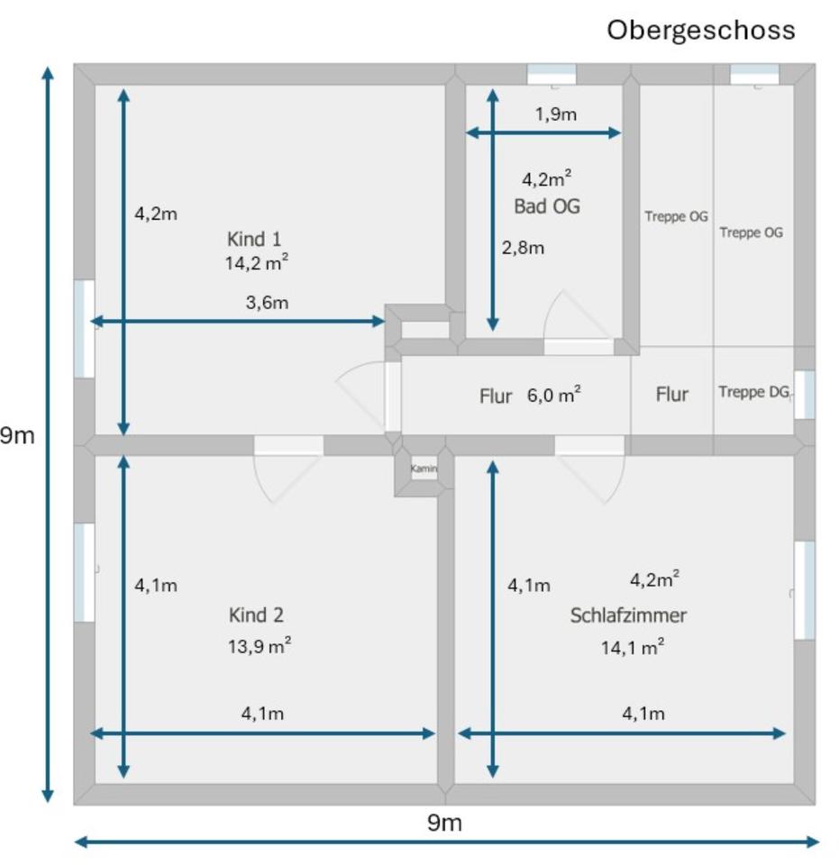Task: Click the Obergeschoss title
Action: point(700,30)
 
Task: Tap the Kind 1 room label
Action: point(255,239)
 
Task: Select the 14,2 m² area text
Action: point(257,262)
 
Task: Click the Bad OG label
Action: point(547,206)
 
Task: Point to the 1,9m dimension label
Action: point(555,114)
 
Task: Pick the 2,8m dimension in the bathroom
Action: point(523,248)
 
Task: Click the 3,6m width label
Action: point(267,303)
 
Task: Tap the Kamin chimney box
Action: point(424,469)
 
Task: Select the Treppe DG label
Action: point(753,393)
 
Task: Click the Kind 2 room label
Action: point(256,615)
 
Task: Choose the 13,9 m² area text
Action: point(259,646)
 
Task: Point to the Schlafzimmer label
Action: point(628,615)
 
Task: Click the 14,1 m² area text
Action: point(633,646)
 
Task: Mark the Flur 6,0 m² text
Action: point(530,395)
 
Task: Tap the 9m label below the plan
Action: point(444,822)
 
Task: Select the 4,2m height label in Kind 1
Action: point(156,214)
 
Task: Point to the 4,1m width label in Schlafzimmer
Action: point(643,714)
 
